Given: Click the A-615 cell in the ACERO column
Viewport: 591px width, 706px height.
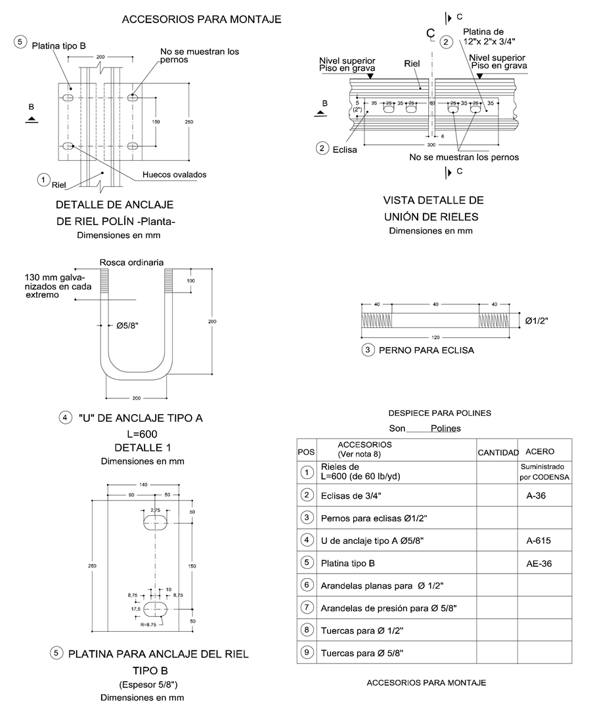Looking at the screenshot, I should click(x=538, y=541).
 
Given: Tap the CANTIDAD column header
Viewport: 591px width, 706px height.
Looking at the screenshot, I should click(x=498, y=452).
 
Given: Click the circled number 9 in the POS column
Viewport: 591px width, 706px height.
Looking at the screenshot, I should click(x=305, y=652).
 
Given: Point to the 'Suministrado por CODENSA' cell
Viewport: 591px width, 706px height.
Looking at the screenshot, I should click(x=544, y=472).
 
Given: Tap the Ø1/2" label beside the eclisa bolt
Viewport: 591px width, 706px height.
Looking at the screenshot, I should click(x=536, y=320).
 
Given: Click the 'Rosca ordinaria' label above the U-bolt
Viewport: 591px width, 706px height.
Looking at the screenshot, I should click(x=131, y=262).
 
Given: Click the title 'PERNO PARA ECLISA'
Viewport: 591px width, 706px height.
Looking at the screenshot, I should click(x=426, y=350).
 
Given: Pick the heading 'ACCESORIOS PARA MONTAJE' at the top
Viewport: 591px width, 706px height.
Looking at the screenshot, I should click(x=202, y=20).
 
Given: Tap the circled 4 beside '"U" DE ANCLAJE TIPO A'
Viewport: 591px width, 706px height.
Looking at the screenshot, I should click(x=64, y=417).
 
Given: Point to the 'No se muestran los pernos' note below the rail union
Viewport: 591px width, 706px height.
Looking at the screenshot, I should click(x=464, y=157).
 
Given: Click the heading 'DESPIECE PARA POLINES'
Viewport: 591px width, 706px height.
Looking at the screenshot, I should click(x=439, y=413).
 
